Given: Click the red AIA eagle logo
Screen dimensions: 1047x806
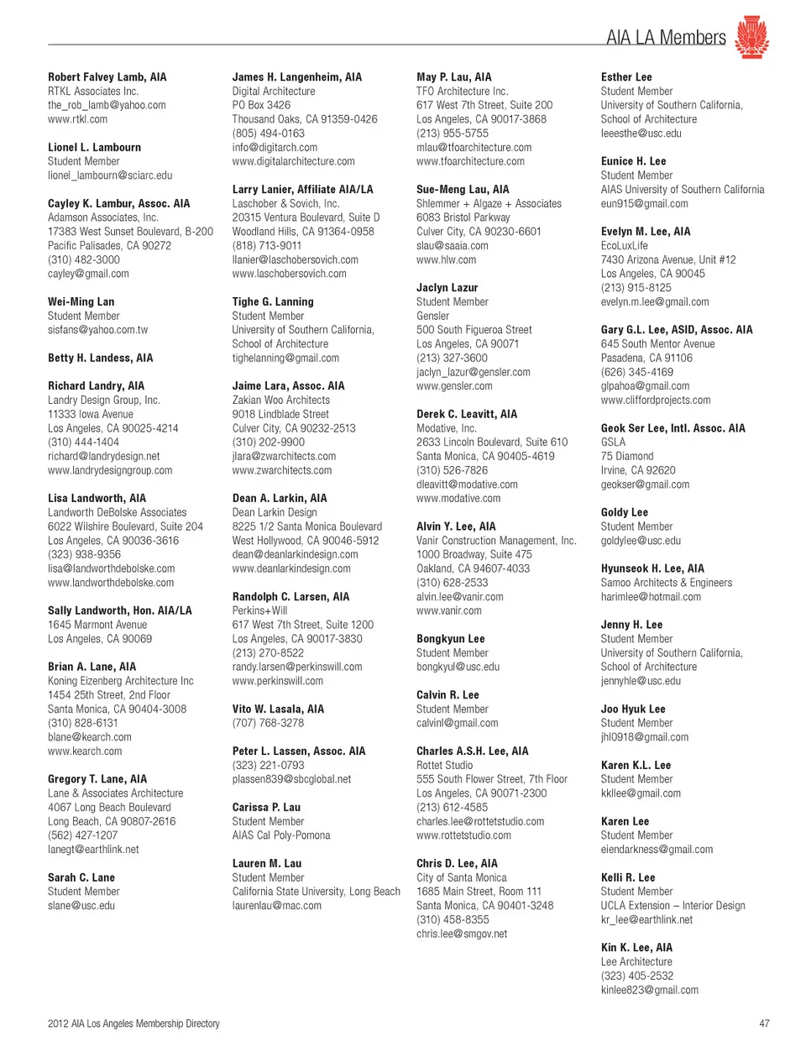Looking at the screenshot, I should click(751, 37).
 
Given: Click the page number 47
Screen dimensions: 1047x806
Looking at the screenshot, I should click(764, 1023).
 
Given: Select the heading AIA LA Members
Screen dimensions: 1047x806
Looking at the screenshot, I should click(666, 38).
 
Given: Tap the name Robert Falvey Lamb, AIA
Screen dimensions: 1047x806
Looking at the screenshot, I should click(107, 77).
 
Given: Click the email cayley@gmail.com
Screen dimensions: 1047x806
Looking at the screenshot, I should click(88, 274).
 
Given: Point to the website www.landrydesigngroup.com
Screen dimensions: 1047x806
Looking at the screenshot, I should click(110, 470).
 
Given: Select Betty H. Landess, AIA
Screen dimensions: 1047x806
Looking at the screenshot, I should click(101, 358).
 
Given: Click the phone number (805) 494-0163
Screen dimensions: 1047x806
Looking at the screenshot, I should click(269, 133).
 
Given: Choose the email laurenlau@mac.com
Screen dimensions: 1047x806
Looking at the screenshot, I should click(277, 906).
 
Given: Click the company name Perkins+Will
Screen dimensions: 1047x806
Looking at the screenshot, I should click(259, 610).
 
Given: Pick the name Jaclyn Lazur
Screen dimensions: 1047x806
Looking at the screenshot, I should click(447, 287).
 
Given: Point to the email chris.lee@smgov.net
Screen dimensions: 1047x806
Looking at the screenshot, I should click(462, 934).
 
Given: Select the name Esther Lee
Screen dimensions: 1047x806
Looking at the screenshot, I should click(626, 77).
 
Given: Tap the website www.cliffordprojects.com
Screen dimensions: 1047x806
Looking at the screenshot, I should click(656, 400).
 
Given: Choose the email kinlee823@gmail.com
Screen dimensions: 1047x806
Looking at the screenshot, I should click(650, 990).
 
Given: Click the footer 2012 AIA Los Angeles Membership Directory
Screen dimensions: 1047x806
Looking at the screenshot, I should click(133, 1023).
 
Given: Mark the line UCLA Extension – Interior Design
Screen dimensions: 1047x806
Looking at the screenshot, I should click(673, 906).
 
